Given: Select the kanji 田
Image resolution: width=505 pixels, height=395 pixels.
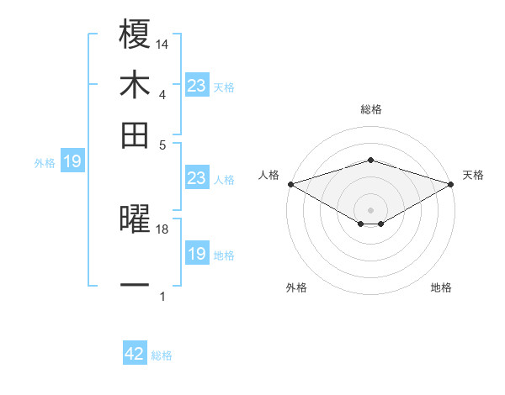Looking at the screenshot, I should point(135,134).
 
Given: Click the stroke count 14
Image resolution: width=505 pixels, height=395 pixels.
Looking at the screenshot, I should point(162,45).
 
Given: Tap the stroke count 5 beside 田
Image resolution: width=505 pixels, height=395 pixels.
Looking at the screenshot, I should point(162,145).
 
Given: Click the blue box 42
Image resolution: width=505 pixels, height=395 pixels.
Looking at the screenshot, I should point(135,354).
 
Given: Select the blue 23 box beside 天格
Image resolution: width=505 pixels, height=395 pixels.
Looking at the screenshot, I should point(197,86).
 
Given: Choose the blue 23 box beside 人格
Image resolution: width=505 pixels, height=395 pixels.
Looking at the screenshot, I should point(197,178).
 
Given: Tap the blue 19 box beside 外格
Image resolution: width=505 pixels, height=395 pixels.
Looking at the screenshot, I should point(72,161).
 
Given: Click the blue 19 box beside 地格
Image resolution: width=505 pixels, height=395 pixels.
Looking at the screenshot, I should point(197,254).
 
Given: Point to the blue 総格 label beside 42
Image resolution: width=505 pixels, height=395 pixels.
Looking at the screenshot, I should point(162,355).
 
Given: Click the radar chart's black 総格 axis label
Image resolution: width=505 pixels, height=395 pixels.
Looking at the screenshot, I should point(370,109).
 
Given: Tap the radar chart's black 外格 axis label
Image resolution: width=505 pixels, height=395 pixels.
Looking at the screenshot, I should point(296,287).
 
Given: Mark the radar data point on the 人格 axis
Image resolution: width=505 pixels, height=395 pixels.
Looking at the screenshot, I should point(290,184).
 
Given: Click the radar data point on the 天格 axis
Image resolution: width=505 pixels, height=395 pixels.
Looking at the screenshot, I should point(451,184).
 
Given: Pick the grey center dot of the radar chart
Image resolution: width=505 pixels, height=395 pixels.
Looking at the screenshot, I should point(370,210).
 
